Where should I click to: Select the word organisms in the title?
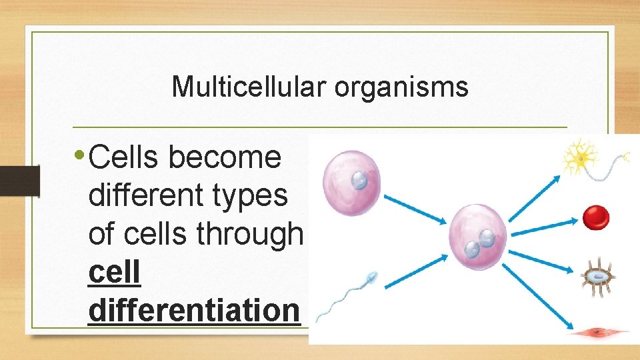(x=401, y=87)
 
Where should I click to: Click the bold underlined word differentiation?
(x=194, y=310)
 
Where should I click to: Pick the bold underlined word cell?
(x=114, y=272)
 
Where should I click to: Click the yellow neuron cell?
(x=581, y=159)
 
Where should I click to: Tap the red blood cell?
(x=595, y=217)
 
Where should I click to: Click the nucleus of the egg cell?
(x=359, y=179)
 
